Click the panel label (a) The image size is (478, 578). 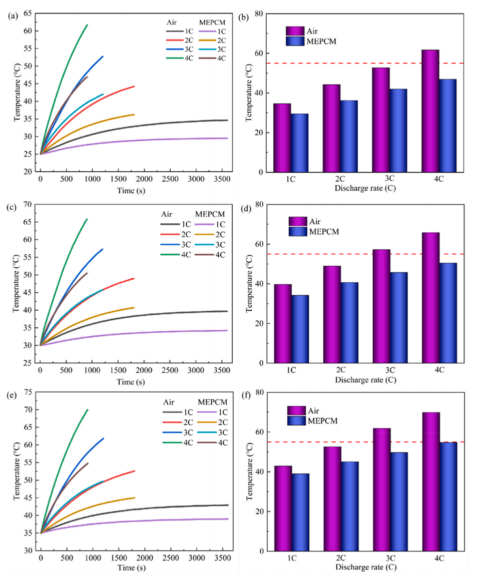[13, 16]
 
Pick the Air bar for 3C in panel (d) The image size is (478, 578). [381, 306]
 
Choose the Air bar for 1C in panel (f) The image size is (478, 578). [283, 508]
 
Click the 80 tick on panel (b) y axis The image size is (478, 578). [260, 14]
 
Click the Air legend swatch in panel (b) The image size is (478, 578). [295, 31]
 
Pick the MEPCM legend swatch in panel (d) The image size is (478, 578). [298, 231]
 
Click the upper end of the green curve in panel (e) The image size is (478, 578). [88, 409]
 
